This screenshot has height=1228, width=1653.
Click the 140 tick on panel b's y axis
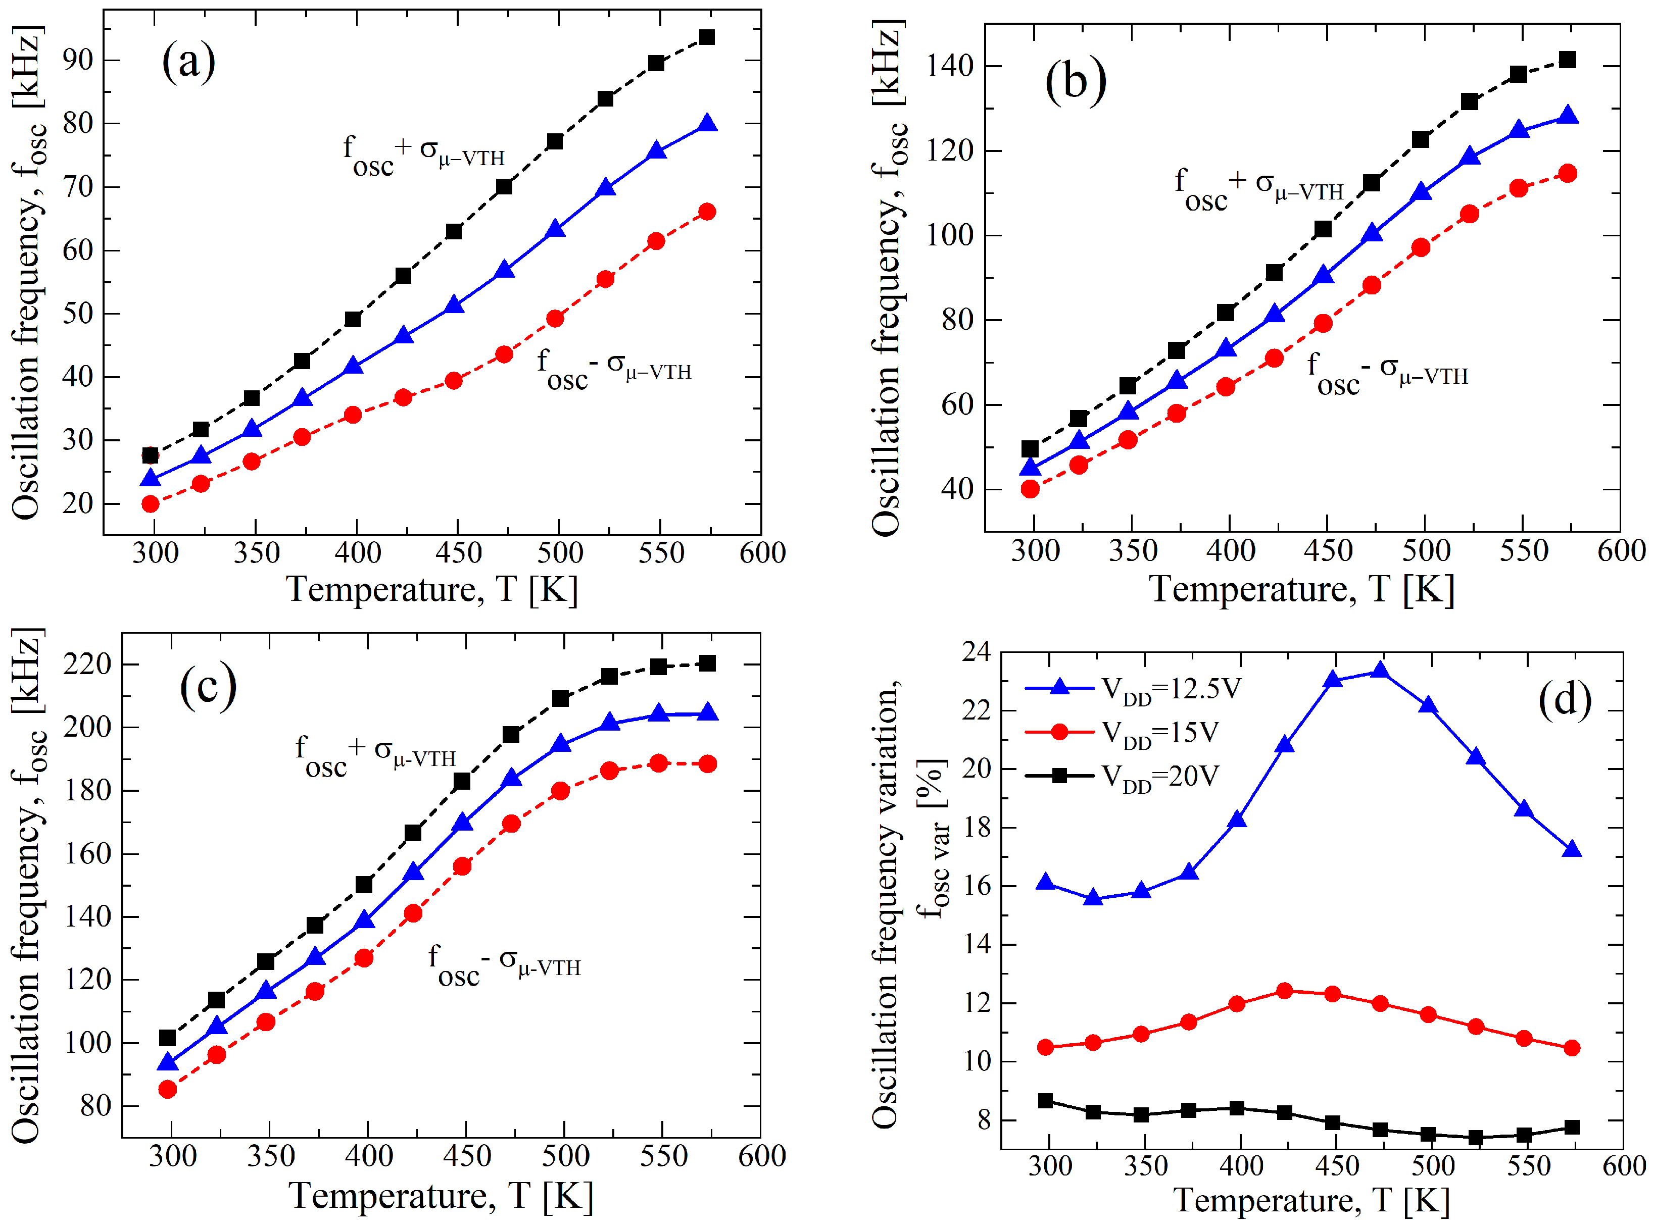949,67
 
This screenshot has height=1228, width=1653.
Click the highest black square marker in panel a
706,37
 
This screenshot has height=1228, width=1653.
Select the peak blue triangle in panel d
1379,671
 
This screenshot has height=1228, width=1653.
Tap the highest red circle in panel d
1284,991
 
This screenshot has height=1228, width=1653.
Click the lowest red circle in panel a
150,504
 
